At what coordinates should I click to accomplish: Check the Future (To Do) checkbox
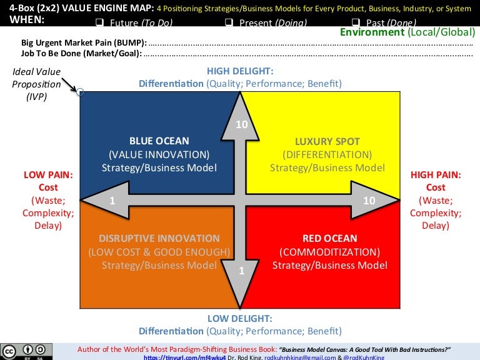coord(99,23)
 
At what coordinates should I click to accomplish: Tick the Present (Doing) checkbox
coord(228,23)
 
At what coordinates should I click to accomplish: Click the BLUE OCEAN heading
coord(159,141)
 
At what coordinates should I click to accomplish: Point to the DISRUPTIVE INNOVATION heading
coord(159,238)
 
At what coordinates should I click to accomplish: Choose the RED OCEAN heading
coord(329,238)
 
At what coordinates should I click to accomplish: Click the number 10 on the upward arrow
coord(242,125)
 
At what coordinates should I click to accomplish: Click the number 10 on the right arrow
coord(369,201)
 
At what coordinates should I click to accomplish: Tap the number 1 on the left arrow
coord(112,201)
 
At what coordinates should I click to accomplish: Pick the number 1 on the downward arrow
coord(241,271)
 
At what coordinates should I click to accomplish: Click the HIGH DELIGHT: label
coord(240,71)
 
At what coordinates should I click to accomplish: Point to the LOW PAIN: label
coord(48,175)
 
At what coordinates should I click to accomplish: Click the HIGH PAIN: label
coord(436,175)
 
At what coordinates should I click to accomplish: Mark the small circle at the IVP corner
coord(81,92)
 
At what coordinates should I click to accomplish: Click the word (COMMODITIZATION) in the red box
coord(329,252)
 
